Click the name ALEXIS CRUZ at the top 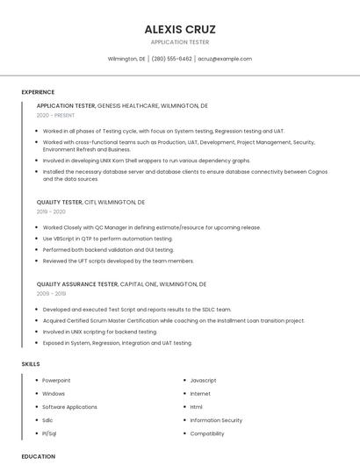pyautogui.click(x=180, y=29)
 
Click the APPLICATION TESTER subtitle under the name pyautogui.click(x=180, y=42)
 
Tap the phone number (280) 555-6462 pyautogui.click(x=171, y=59)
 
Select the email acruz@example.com pyautogui.click(x=225, y=59)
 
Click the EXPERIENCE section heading pyautogui.click(x=38, y=92)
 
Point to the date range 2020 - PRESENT pyautogui.click(x=55, y=115)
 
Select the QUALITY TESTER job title pyautogui.click(x=60, y=202)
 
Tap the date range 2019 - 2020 pyautogui.click(x=51, y=211)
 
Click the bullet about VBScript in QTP pyautogui.click(x=107, y=239)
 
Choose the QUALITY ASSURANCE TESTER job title pyautogui.click(x=76, y=284)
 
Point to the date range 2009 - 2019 pyautogui.click(x=51, y=294)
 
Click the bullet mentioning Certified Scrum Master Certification pyautogui.click(x=173, y=320)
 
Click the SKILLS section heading pyautogui.click(x=31, y=363)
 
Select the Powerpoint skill pyautogui.click(x=56, y=380)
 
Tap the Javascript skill pyautogui.click(x=203, y=380)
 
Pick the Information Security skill pyautogui.click(x=216, y=420)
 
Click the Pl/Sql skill pyautogui.click(x=49, y=433)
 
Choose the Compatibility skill pyautogui.click(x=207, y=433)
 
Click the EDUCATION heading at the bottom pyautogui.click(x=38, y=456)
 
